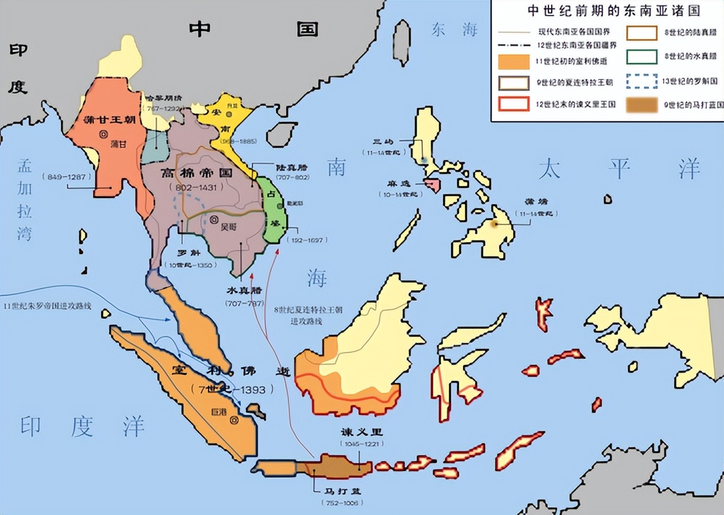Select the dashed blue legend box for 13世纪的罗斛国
642,82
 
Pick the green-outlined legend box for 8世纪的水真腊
642,57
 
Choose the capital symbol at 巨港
233,421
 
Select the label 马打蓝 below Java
341,491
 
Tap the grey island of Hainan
283,134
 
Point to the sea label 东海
454,30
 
